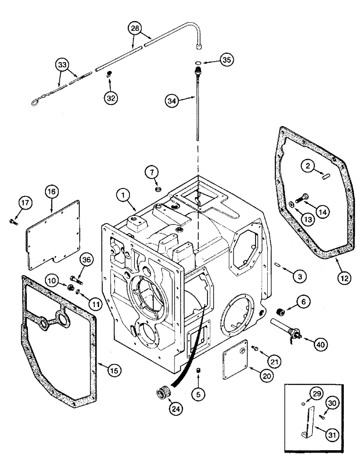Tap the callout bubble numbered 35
point(227,60)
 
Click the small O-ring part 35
point(199,63)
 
